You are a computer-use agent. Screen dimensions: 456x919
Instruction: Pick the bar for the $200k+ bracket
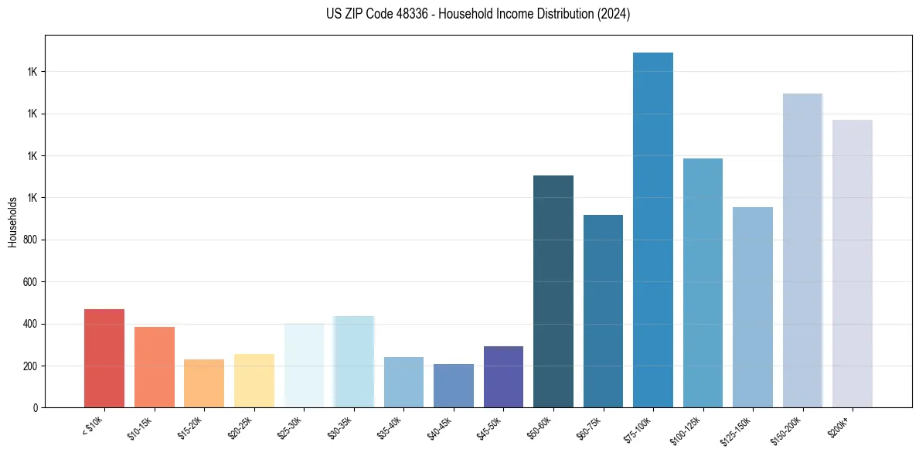pyautogui.click(x=853, y=264)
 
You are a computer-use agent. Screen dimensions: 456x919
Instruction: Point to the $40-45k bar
pyautogui.click(x=454, y=386)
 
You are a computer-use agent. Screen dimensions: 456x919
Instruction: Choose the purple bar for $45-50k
pyautogui.click(x=503, y=376)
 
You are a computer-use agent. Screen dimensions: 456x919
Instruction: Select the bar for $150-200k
pyautogui.click(x=802, y=250)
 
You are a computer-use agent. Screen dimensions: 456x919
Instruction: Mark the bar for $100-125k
pyautogui.click(x=703, y=283)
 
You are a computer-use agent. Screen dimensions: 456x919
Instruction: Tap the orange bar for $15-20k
pyautogui.click(x=204, y=383)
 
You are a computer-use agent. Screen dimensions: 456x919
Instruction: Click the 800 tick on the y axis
pyautogui.click(x=29, y=240)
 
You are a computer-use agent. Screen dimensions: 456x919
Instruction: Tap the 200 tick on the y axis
pyautogui.click(x=29, y=366)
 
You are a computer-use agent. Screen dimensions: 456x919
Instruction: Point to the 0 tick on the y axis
pyautogui.click(x=33, y=407)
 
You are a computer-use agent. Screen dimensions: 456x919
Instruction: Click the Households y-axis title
pyautogui.click(x=12, y=222)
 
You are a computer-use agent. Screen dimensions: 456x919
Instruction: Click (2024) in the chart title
pyautogui.click(x=613, y=14)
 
